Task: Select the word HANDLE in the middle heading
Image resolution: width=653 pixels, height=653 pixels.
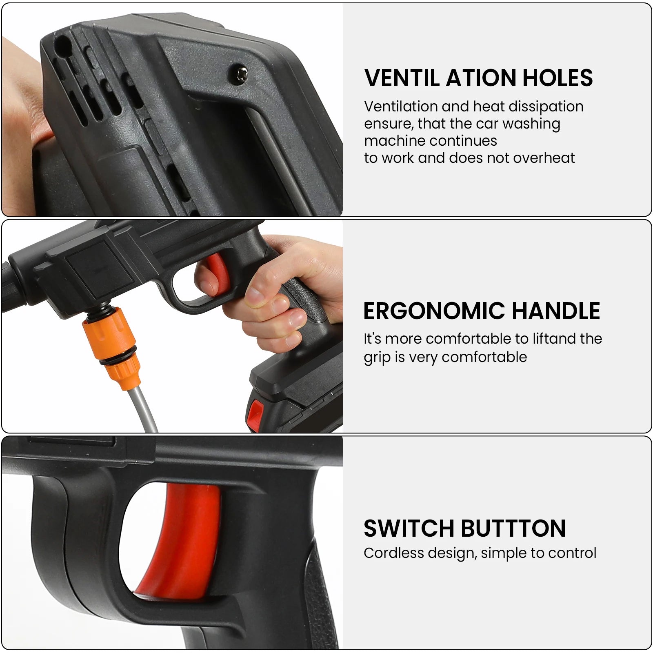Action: tap(556, 311)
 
